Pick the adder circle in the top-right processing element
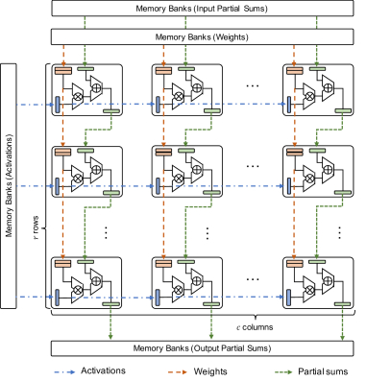click(333, 84)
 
